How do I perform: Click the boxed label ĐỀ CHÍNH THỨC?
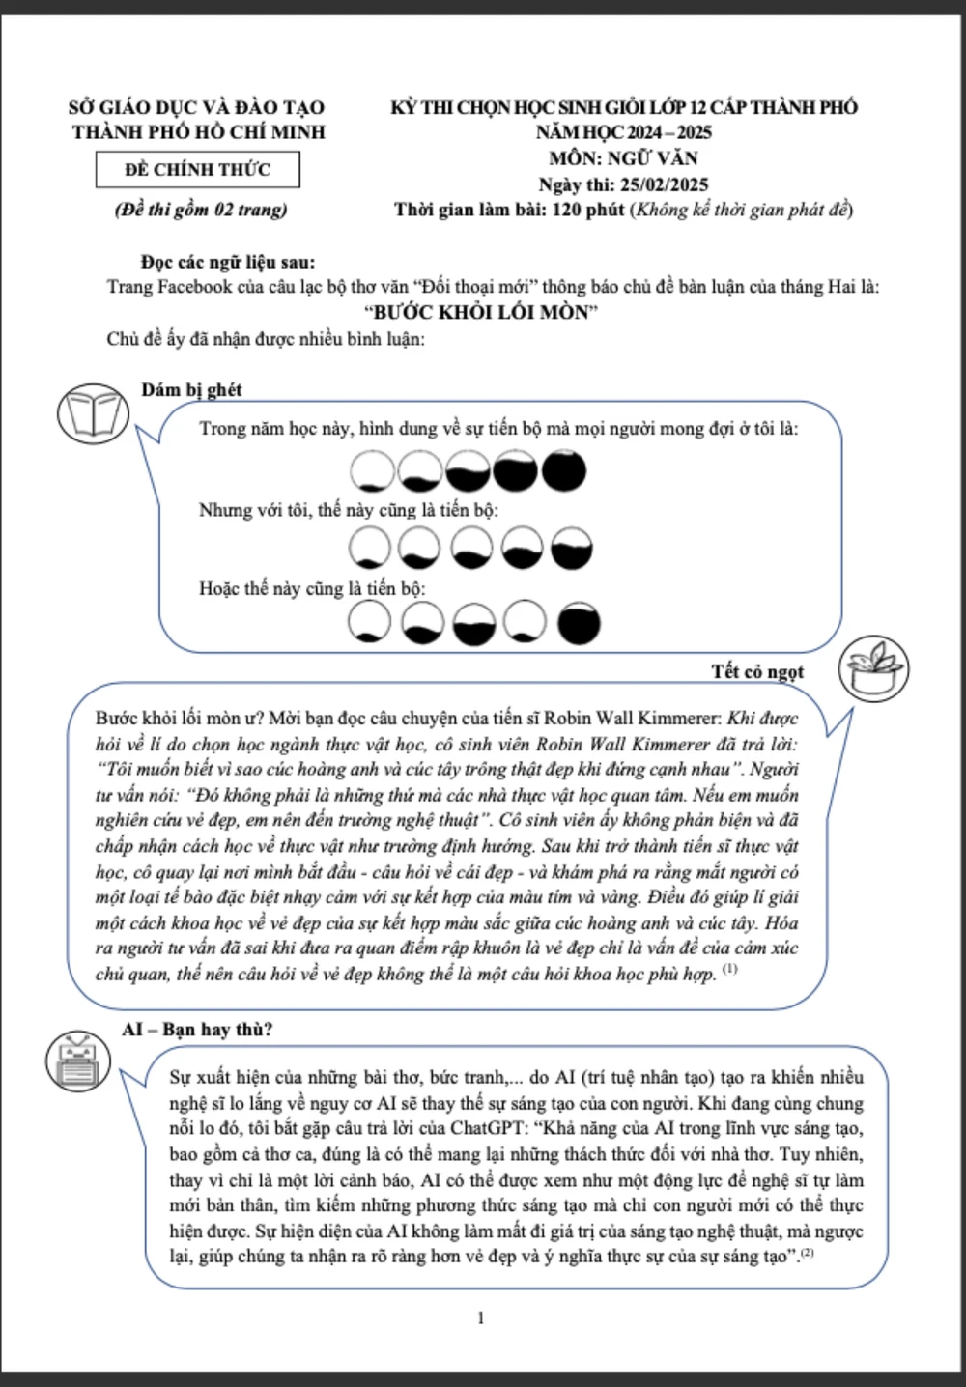point(198,170)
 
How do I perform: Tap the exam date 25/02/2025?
point(664,184)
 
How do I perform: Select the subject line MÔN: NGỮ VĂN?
point(623,158)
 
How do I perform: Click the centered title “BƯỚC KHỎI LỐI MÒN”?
point(481,312)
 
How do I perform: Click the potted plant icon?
point(873,667)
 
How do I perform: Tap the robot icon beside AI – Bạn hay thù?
point(78,1061)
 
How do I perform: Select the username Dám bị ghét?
point(191,389)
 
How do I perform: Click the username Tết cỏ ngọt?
point(757,671)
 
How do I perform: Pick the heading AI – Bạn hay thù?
point(197,1030)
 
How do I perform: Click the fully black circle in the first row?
point(563,470)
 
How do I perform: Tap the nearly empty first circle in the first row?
point(372,471)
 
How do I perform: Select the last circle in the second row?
point(571,549)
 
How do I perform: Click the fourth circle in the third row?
point(526,622)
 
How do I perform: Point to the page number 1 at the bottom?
point(481,1317)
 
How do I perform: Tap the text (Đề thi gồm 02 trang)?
point(201,210)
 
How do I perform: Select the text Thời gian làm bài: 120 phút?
point(509,210)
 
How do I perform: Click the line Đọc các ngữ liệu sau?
point(228,262)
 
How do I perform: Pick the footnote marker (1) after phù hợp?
point(729,968)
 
